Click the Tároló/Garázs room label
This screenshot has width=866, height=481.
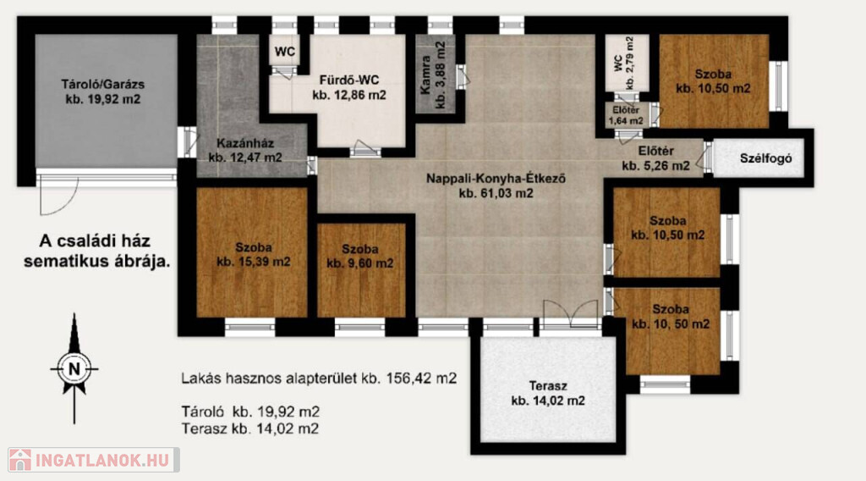[x=102, y=91]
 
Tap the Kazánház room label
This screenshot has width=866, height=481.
[x=245, y=150]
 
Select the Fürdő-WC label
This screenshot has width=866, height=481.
[x=349, y=87]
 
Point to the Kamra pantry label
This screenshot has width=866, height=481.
[x=433, y=75]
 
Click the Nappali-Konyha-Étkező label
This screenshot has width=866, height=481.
[x=496, y=185]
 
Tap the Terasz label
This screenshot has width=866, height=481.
[x=548, y=393]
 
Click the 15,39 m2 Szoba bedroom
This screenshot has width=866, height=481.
[x=252, y=252]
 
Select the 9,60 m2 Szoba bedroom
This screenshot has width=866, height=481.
[x=361, y=270]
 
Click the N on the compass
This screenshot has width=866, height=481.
[x=74, y=368]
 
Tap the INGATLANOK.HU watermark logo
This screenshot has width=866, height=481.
[x=93, y=460]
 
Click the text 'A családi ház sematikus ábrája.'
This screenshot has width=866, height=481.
[x=96, y=251]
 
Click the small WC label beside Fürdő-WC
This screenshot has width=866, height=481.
[x=285, y=52]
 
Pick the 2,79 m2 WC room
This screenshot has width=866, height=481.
[x=626, y=63]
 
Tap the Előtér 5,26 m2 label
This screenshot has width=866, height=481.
[x=655, y=158]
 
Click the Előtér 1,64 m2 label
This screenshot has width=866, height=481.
[x=626, y=115]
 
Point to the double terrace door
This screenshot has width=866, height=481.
[x=571, y=316]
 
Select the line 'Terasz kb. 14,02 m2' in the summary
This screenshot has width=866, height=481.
[x=249, y=428]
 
